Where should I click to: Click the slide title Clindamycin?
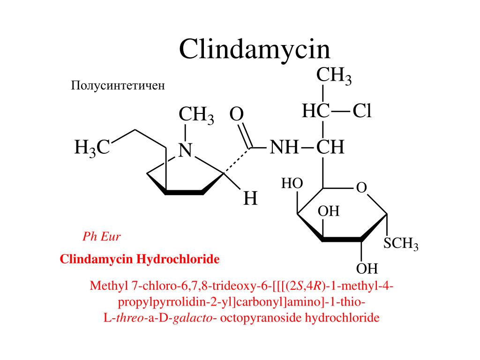point(255,49)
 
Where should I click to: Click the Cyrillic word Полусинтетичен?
point(118,86)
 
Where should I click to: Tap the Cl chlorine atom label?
point(362,112)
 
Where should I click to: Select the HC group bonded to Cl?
point(315,112)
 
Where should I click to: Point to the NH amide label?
point(284,148)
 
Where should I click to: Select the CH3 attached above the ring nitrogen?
point(196,115)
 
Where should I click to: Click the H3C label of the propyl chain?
point(92,148)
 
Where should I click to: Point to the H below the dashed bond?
point(250,199)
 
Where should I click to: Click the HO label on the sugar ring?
point(292,183)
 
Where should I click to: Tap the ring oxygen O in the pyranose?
point(361,188)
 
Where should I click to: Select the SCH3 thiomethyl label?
point(400,244)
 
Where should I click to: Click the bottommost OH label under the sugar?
point(367,269)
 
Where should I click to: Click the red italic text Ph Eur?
point(101,236)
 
